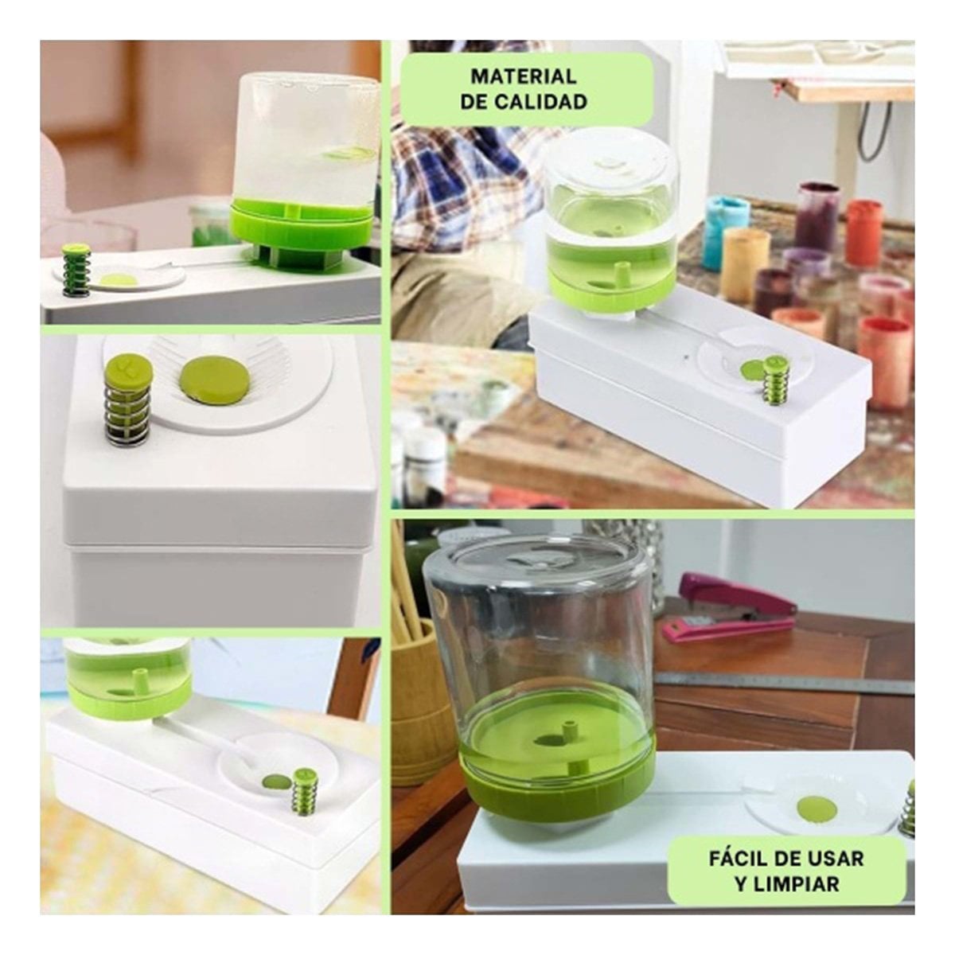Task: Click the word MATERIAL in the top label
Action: tap(524, 77)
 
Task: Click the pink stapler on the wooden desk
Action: tap(728, 608)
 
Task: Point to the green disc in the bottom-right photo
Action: tap(817, 809)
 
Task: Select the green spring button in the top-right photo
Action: tap(772, 381)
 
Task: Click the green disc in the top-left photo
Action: tap(119, 280)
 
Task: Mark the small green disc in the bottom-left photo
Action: tap(276, 782)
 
